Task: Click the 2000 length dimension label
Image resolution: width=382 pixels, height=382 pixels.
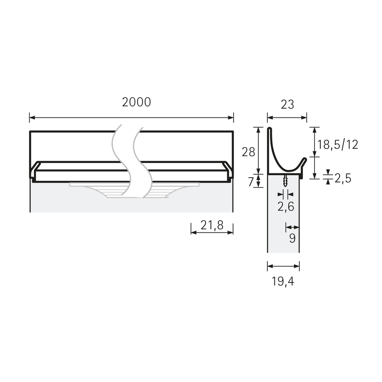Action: click(x=137, y=102)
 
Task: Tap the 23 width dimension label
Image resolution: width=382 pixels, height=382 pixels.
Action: click(x=288, y=104)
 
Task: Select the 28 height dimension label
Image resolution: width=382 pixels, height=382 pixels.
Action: click(x=248, y=152)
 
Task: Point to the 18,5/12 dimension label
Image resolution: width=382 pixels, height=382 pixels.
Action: click(x=338, y=145)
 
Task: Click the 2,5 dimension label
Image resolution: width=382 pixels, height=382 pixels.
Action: click(x=343, y=179)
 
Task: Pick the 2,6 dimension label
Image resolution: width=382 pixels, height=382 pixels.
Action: click(x=286, y=207)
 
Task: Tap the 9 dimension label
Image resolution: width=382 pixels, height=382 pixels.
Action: click(x=293, y=238)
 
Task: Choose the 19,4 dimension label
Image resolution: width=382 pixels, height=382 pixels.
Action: click(x=283, y=282)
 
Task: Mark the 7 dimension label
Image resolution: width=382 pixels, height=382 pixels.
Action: click(x=251, y=182)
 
